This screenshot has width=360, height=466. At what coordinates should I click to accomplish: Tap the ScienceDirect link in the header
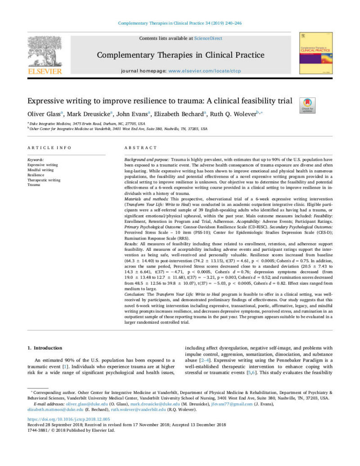pyautogui.click(x=208, y=38)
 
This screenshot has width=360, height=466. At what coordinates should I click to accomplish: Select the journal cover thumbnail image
pyautogui.click(x=316, y=53)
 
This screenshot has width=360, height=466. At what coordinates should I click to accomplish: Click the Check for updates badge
pyautogui.click(x=307, y=105)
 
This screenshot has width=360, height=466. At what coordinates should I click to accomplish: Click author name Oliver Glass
pyautogui.click(x=45, y=114)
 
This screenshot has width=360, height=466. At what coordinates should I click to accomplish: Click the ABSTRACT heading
pyautogui.click(x=140, y=148)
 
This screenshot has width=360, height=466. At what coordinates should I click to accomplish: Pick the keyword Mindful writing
pyautogui.click(x=40, y=170)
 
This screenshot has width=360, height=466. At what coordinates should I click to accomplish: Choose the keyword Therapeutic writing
pyautogui.click(x=44, y=180)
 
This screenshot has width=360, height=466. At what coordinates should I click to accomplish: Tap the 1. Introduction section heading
pyautogui.click(x=45, y=348)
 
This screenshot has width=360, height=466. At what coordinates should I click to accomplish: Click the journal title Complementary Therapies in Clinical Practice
pyautogui.click(x=180, y=55)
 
